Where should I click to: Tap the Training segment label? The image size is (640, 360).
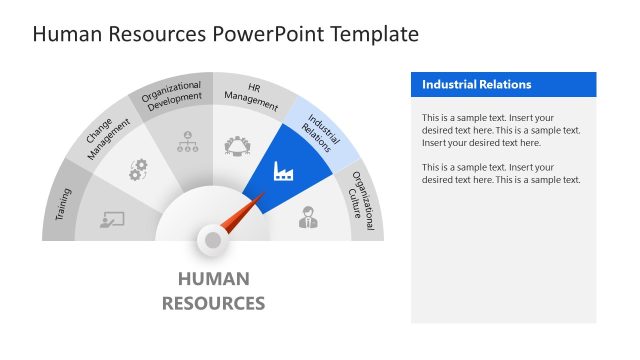(63, 199)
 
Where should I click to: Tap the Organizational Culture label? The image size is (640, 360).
(364, 201)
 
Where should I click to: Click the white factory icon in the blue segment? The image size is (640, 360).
(284, 172)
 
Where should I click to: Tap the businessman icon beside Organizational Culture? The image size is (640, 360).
(307, 217)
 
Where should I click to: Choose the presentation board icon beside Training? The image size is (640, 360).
(112, 220)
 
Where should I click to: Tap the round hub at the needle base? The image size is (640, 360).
(212, 239)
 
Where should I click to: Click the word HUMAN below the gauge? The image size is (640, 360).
(213, 279)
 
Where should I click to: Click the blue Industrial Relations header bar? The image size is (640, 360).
(503, 85)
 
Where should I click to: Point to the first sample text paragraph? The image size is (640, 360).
(501, 130)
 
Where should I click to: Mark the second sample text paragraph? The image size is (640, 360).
(501, 173)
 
